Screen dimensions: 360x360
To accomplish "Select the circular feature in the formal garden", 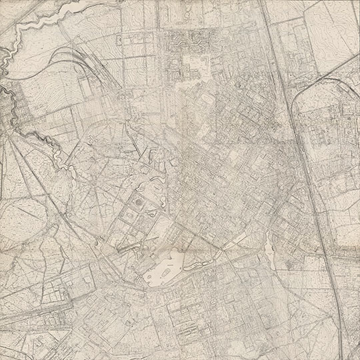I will pos(139,201).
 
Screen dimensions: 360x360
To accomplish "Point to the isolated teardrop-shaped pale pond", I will pos(269,249).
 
